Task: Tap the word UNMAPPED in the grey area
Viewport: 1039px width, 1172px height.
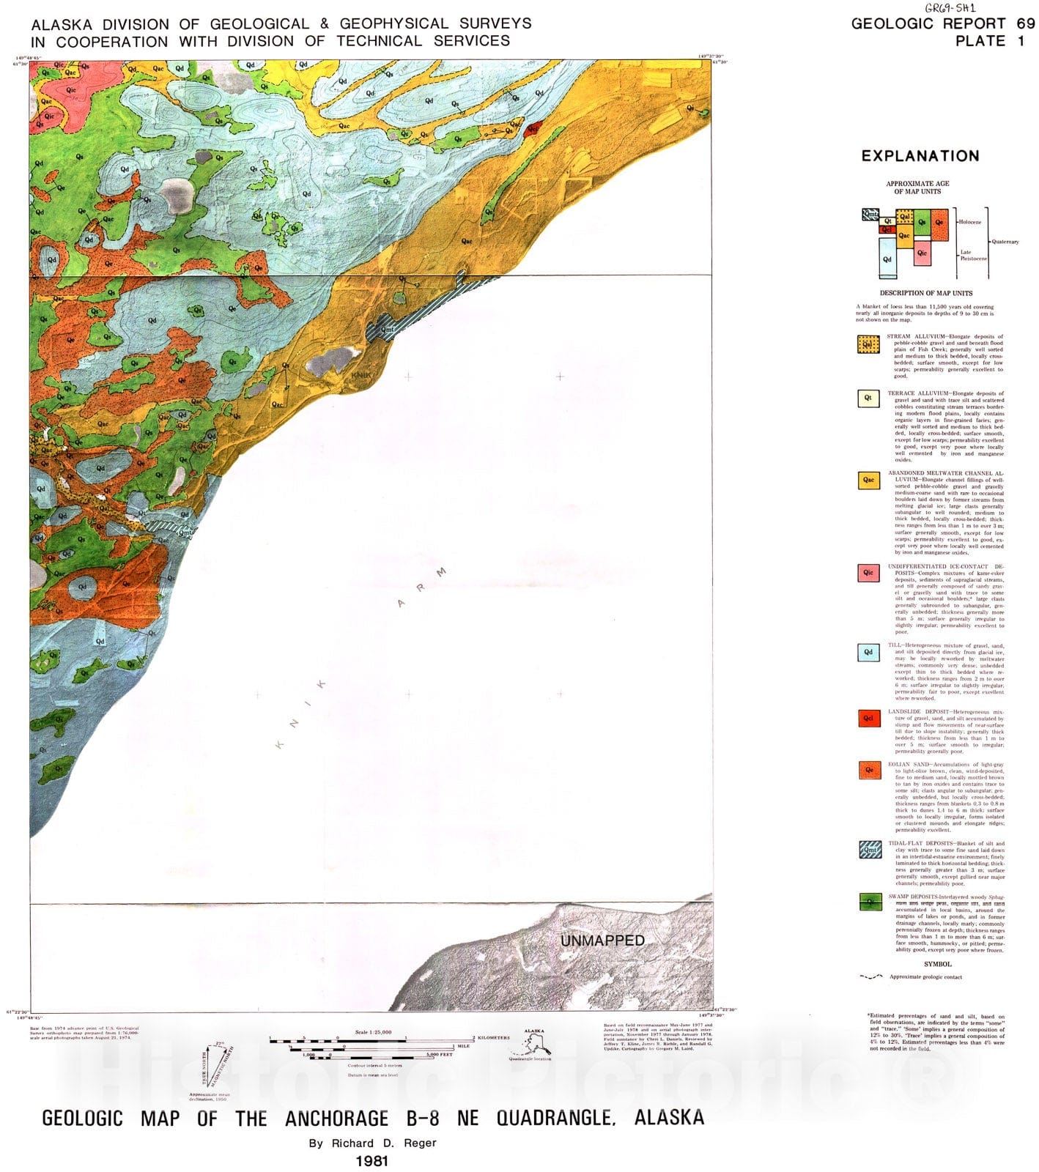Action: tap(602, 941)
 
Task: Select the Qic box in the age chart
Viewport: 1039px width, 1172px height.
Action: tap(922, 253)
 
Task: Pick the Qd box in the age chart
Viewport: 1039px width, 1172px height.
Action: tap(887, 259)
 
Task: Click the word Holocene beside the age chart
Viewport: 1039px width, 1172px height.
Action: tap(971, 222)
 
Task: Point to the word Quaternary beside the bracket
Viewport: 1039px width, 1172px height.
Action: tap(1005, 241)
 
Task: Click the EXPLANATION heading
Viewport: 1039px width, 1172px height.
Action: tap(920, 156)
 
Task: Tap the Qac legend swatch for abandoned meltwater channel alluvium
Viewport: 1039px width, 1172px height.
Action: tap(869, 481)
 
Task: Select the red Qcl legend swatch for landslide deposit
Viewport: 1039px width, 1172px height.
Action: tap(869, 718)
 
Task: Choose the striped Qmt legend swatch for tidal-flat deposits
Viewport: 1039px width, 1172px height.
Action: tap(869, 849)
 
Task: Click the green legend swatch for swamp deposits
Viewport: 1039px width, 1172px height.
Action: tap(869, 902)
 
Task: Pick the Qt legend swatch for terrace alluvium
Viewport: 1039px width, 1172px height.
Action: tap(869, 398)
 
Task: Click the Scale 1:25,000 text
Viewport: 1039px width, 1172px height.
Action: tap(373, 1031)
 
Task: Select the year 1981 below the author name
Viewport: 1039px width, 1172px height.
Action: tap(371, 1161)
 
